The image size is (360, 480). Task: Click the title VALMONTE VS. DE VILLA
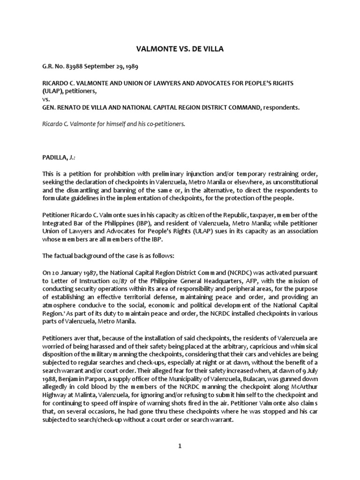pos(180,48)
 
